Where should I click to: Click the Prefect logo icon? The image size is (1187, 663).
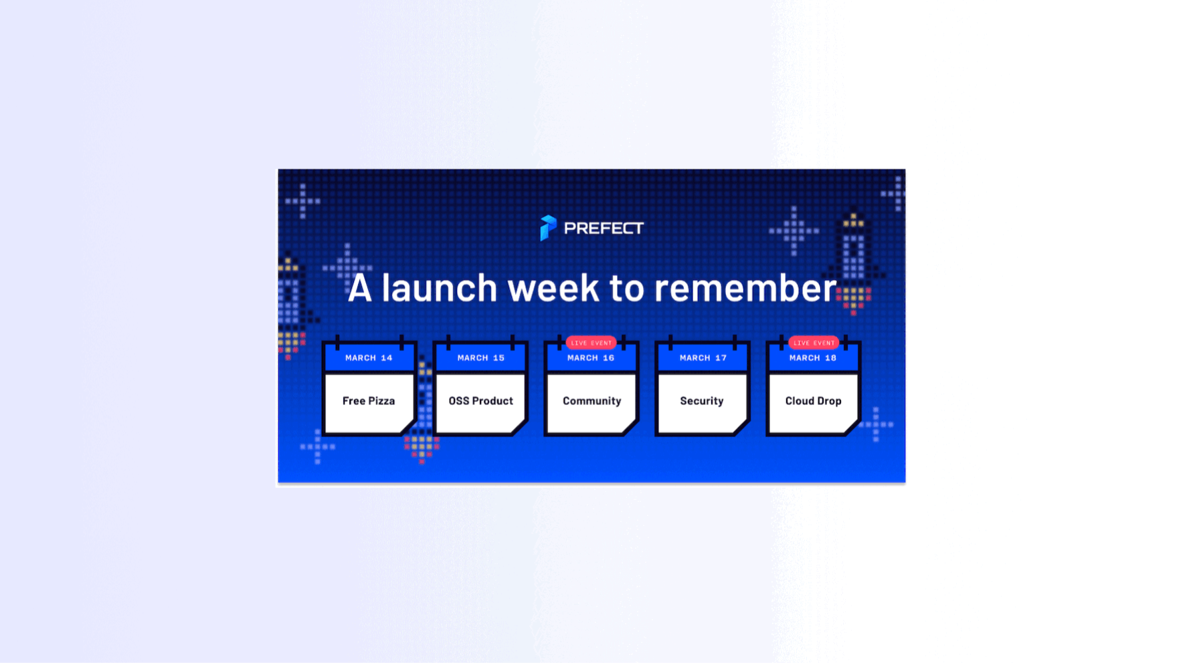(x=548, y=228)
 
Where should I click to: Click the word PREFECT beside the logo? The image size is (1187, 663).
(x=604, y=229)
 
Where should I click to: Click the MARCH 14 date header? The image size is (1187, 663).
(x=369, y=358)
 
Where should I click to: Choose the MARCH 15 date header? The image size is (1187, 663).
(x=480, y=358)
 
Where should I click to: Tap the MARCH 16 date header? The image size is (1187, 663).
(x=591, y=358)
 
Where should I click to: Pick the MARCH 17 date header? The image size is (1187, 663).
(x=703, y=358)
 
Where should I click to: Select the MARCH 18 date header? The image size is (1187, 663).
(x=813, y=358)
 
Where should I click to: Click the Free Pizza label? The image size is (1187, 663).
(x=369, y=401)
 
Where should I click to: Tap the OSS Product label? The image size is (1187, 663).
(x=480, y=401)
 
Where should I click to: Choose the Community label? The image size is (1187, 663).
(x=591, y=401)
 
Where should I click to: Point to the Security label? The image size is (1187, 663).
(x=702, y=401)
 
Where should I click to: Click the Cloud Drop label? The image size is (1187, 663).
(x=813, y=401)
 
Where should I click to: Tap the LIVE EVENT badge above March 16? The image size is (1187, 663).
(x=591, y=343)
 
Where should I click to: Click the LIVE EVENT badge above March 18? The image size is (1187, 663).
(x=814, y=343)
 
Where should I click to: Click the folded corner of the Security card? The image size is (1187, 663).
(x=740, y=427)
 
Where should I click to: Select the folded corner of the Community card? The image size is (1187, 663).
(x=629, y=427)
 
